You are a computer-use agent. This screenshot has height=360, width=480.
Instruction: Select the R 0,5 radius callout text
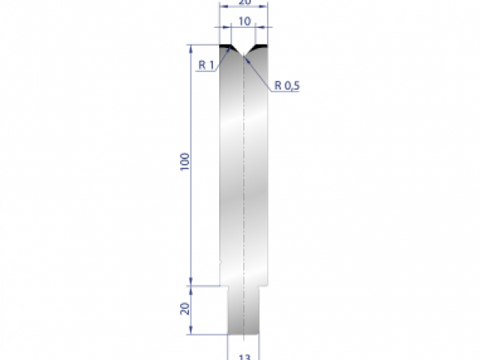pyautogui.click(x=286, y=85)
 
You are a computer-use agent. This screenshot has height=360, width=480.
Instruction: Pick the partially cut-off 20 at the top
pyautogui.click(x=243, y=3)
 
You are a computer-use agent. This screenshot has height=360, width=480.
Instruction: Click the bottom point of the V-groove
pyautogui.click(x=243, y=54)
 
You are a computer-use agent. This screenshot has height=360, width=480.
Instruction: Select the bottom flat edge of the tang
pyautogui.click(x=243, y=334)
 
